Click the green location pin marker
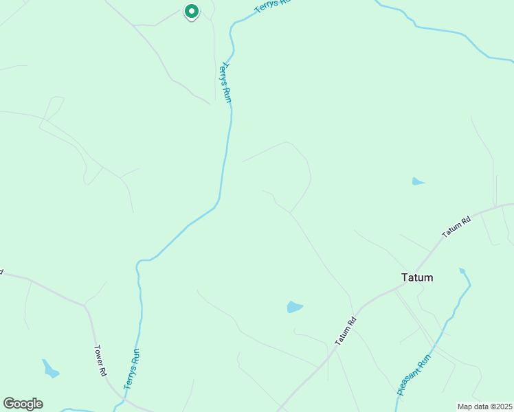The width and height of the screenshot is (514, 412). [192, 12]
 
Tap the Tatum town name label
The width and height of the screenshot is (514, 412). [417, 278]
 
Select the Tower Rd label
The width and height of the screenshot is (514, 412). [101, 360]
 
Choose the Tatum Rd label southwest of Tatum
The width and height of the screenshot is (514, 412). [346, 331]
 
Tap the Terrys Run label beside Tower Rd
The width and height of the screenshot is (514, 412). [132, 369]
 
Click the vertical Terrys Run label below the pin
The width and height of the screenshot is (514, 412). [225, 83]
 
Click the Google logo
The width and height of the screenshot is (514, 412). [23, 404]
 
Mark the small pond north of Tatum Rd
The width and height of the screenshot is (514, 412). [417, 182]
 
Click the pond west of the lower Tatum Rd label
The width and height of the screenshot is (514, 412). [294, 307]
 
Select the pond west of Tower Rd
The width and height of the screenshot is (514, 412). [50, 369]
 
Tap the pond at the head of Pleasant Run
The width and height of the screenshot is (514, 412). [462, 271]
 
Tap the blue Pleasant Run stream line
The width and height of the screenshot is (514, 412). [451, 319]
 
